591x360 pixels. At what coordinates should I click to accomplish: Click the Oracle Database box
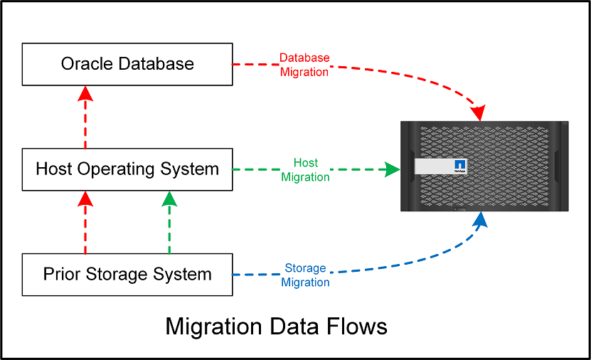click(127, 64)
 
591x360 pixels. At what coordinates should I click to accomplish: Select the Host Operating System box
click(127, 169)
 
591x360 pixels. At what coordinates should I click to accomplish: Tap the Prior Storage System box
click(127, 274)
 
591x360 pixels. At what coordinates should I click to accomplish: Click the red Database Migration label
click(304, 65)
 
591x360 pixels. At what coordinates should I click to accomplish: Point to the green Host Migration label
click(305, 170)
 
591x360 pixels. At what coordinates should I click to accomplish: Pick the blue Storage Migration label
click(305, 275)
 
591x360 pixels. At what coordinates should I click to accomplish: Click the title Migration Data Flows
click(276, 327)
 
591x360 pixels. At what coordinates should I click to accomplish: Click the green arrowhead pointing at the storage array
click(390, 169)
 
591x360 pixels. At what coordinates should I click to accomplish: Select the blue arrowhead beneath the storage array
click(481, 220)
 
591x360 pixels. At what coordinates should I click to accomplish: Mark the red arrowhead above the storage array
click(479, 112)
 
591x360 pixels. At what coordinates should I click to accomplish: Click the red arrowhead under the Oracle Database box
click(85, 94)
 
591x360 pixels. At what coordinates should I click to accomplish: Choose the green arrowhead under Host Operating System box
click(169, 199)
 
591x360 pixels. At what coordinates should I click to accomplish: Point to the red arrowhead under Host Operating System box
click(85, 199)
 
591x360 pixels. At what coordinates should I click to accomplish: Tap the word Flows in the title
click(358, 327)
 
